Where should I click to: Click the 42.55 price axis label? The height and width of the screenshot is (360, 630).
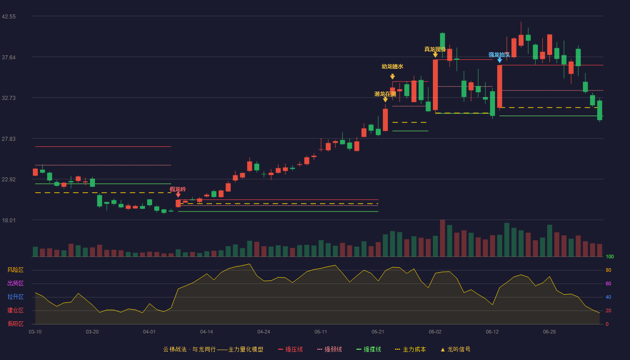[9, 17]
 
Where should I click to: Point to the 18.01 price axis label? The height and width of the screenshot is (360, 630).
[9, 220]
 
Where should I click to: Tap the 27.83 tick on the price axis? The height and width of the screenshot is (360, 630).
[9, 139]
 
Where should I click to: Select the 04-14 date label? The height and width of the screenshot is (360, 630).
[207, 332]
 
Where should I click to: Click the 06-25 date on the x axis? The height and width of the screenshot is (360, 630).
[549, 332]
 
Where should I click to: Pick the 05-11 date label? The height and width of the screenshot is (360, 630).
[320, 332]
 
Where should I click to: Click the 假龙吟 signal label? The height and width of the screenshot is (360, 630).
[178, 189]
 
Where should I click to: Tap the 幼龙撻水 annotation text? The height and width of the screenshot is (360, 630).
[392, 67]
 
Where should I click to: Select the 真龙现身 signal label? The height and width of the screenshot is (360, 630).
[435, 49]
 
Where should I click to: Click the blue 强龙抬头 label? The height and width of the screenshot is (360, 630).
[499, 55]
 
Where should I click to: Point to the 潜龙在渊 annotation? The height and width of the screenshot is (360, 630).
[385, 94]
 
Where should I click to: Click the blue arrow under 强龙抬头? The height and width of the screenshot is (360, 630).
[499, 60]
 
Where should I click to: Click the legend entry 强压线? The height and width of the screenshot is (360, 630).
[290, 349]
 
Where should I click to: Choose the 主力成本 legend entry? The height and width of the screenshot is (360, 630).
[410, 349]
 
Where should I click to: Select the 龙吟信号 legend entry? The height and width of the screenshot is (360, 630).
[455, 349]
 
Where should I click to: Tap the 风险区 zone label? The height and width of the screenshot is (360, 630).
[15, 270]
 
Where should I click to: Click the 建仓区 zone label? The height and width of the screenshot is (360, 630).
[15, 310]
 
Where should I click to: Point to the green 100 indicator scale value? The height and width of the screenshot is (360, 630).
[610, 256]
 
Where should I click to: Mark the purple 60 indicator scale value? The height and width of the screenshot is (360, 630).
[608, 283]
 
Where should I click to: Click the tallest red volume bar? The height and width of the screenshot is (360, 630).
[442, 238]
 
